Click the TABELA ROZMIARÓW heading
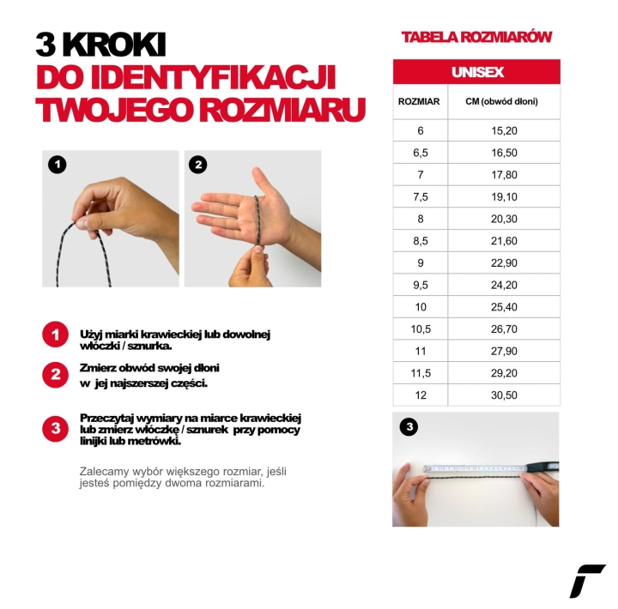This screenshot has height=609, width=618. pos(476,37)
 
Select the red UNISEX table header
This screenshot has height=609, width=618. pos(476,72)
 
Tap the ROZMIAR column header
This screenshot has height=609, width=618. pos(419,102)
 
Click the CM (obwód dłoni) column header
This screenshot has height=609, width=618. pos(501,102)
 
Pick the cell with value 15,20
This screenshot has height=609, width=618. pos(504,130)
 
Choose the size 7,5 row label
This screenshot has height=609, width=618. pos(420,196)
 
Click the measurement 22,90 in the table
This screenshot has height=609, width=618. pos(504,262)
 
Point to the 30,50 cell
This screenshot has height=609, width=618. pos(504,395)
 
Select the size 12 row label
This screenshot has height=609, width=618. pos(420,395)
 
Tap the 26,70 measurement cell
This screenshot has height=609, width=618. pos(504,329)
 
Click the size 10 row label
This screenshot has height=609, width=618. pos(420,306)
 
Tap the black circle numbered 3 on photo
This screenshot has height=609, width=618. pos(409,426)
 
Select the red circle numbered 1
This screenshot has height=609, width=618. pos(55,335)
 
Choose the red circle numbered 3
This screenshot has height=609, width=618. pos(55,428)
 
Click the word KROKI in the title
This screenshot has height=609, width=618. pos(113,45)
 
